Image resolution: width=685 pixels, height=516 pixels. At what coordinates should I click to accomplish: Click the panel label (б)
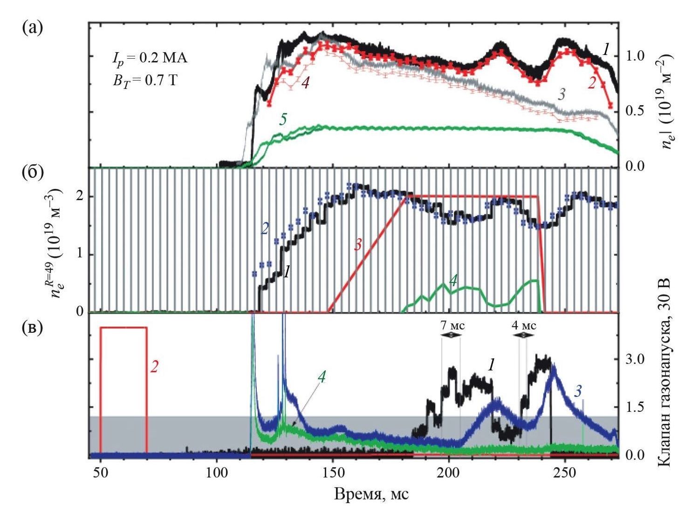tap(32, 172)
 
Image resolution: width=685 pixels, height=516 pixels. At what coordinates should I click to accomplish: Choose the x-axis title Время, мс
tap(371, 493)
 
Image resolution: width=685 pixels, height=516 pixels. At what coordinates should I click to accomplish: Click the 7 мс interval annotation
tap(451, 325)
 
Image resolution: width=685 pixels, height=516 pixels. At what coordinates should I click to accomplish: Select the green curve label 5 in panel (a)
tap(283, 119)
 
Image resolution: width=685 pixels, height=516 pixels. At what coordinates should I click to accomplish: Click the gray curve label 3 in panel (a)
tap(562, 94)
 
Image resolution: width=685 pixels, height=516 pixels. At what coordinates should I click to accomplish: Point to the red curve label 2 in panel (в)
tap(155, 367)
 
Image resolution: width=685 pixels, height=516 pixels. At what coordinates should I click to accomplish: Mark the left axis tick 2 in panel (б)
tap(80, 196)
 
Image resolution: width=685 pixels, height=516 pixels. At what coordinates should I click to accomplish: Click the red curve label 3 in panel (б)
tap(358, 245)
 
